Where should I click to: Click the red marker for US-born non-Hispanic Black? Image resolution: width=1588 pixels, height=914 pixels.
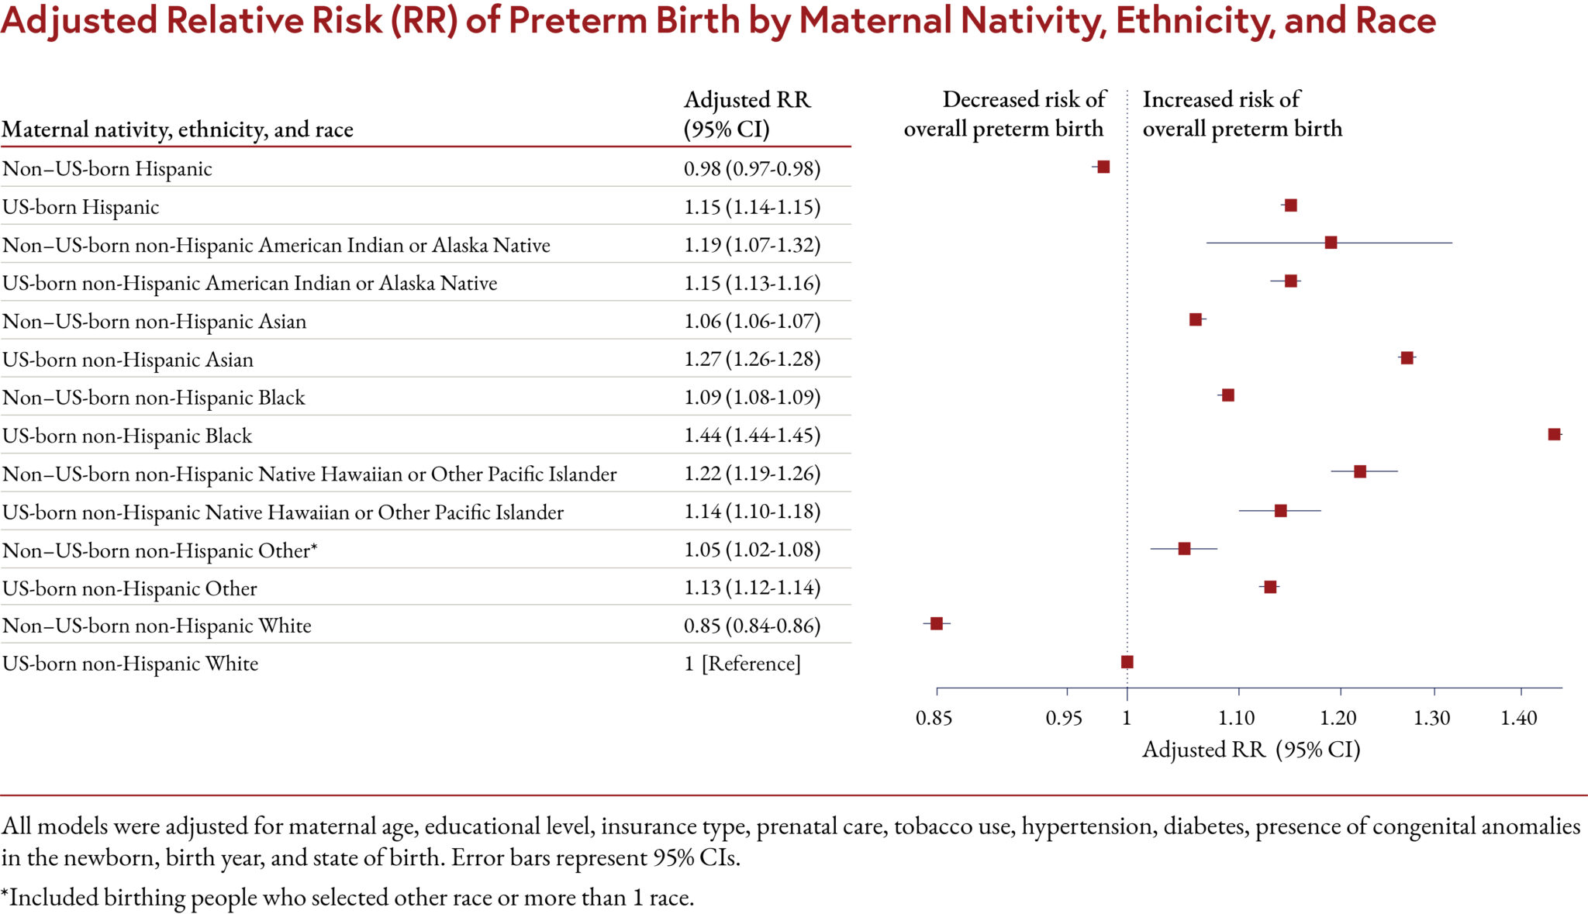click(1553, 434)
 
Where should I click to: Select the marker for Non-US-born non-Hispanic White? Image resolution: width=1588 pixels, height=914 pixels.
click(936, 623)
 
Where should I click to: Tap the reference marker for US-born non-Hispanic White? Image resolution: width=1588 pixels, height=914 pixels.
click(1127, 661)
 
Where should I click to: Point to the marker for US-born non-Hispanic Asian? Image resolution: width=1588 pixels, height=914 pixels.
click(1406, 357)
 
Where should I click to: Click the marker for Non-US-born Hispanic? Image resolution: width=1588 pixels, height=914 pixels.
click(1103, 167)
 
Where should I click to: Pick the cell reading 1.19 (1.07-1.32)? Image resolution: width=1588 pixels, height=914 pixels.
click(751, 245)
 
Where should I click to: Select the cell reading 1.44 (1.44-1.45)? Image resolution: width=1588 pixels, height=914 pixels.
click(751, 435)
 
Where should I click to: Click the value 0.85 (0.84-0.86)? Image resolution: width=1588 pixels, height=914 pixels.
click(751, 625)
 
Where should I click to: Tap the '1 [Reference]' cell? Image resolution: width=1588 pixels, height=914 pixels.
click(742, 664)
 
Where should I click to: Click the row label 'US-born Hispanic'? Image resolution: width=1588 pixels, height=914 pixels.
click(81, 207)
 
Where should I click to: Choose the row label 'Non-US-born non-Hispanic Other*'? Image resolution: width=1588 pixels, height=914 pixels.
click(160, 550)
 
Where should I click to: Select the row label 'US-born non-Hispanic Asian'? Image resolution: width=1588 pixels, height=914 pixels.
click(128, 360)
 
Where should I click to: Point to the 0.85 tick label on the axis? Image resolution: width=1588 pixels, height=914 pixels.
click(934, 718)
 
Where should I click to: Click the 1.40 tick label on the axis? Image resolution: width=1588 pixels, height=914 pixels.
click(1518, 718)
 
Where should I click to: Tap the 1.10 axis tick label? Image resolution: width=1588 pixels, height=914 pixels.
click(1236, 718)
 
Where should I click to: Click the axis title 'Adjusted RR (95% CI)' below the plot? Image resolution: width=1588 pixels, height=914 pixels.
click(1251, 750)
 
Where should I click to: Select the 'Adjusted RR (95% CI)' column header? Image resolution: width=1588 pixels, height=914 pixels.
click(746, 114)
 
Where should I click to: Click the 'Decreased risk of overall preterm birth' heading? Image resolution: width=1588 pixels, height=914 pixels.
click(1005, 114)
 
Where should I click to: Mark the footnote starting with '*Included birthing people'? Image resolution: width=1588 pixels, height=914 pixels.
click(347, 897)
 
